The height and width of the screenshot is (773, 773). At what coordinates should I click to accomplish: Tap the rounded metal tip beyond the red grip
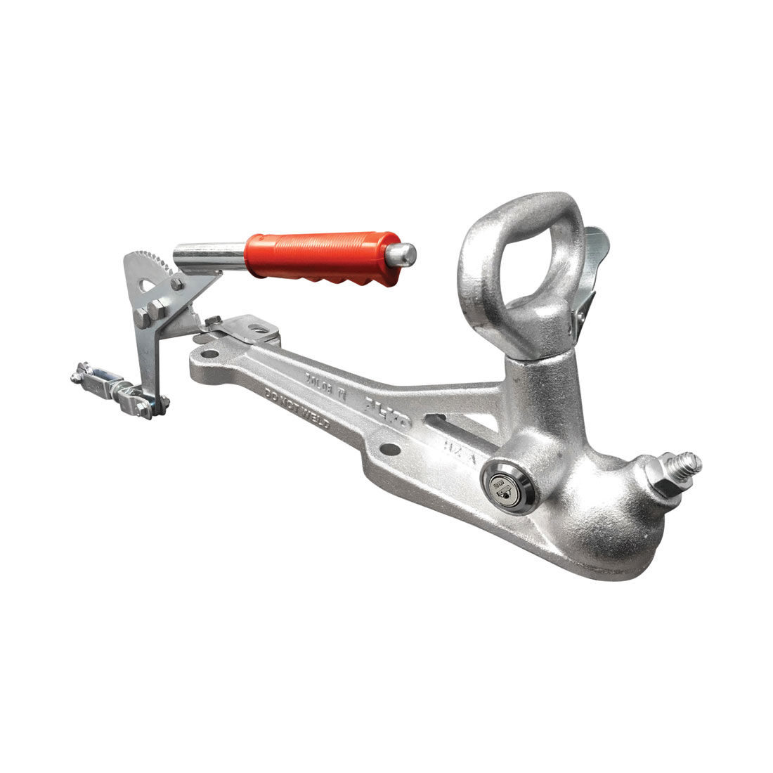pyautogui.click(x=404, y=254)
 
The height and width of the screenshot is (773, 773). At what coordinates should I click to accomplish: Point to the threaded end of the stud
pyautogui.click(x=688, y=465)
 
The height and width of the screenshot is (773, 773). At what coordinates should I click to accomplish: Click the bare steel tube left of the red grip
pyautogui.click(x=209, y=257)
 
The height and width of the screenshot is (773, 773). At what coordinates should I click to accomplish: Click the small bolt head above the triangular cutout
pyautogui.click(x=176, y=283)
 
